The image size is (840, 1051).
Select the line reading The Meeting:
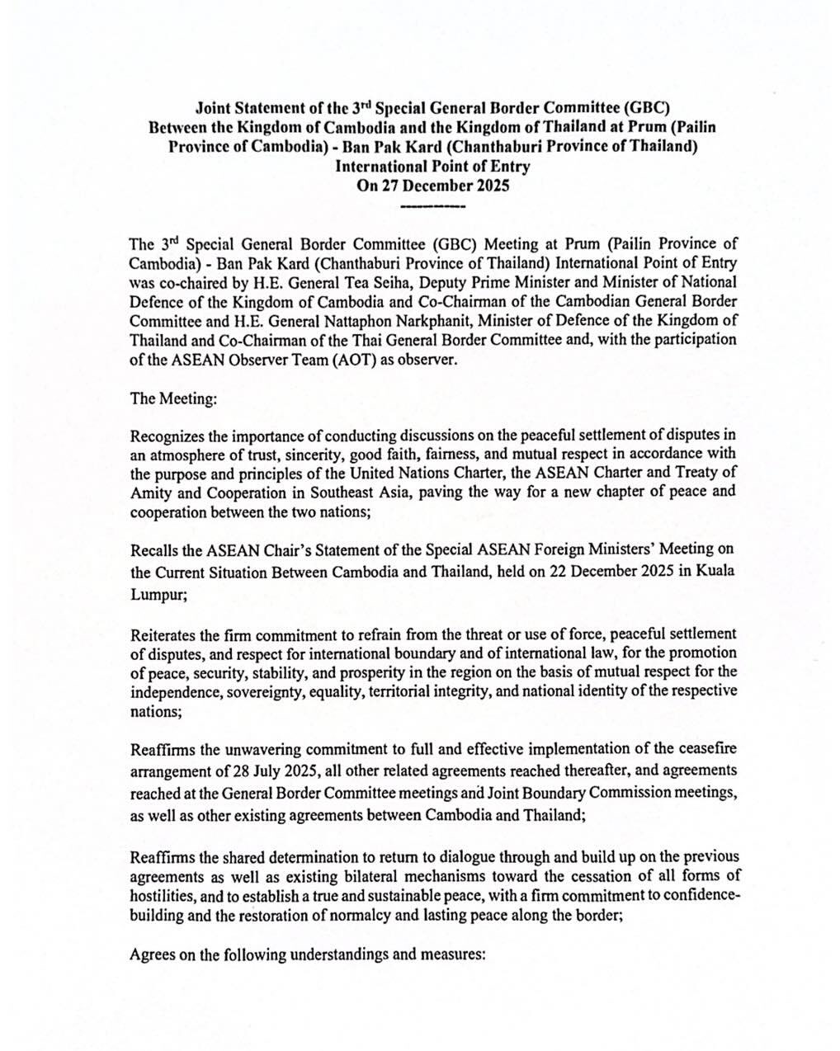point(174,398)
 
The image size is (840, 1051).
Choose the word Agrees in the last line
point(152,955)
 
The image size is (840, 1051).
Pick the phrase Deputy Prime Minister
point(517,280)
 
